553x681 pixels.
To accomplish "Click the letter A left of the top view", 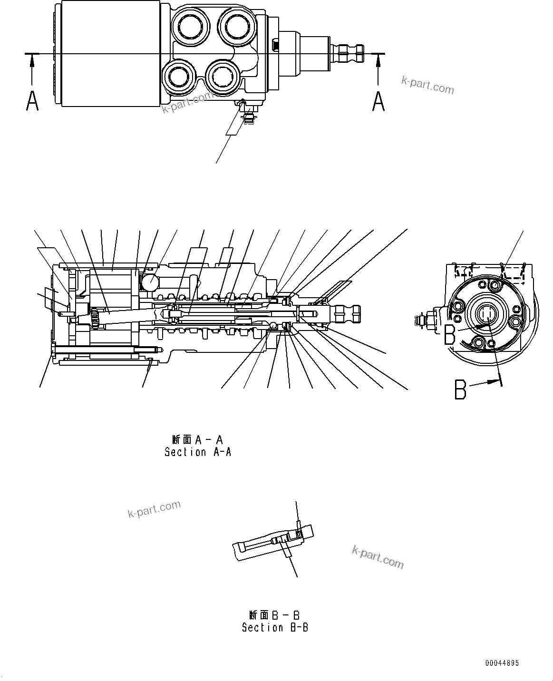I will [32, 101].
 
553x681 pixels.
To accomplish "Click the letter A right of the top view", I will [378, 101].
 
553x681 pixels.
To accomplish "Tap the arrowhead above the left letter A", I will [32, 59].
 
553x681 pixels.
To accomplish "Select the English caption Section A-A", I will [198, 452].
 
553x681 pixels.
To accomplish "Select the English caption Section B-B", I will [275, 628].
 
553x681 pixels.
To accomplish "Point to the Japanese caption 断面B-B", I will [274, 615].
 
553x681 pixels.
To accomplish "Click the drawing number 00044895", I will [502, 663].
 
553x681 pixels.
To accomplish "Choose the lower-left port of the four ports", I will [178, 76].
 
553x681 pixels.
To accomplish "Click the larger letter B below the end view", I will [460, 389].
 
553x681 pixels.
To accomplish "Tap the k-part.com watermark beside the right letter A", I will [427, 86].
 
